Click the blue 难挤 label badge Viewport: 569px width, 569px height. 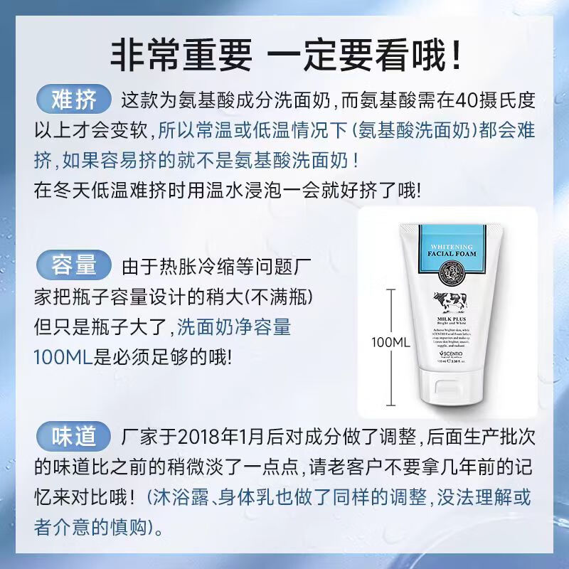click(x=74, y=99)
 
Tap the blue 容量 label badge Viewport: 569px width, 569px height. click(x=74, y=266)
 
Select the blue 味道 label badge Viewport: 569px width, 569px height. click(x=74, y=435)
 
